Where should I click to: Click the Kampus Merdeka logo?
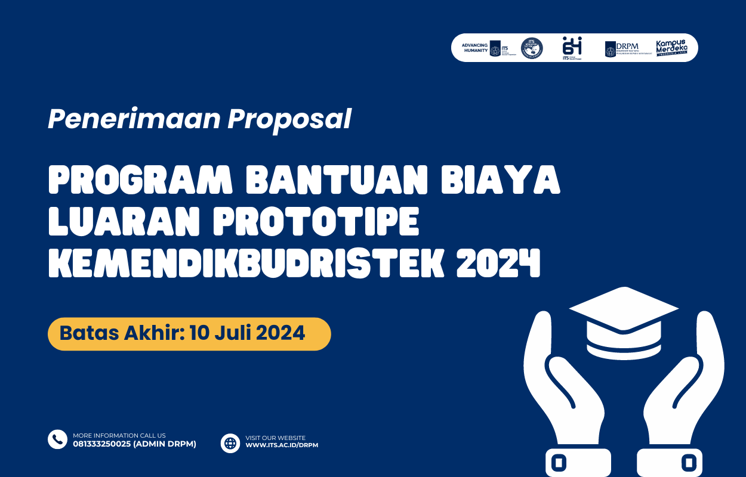coord(671,48)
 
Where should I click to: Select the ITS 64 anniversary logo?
coord(572,48)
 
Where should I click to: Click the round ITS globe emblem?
coord(532,48)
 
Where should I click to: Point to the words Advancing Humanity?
coord(475,48)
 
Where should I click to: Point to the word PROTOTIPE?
coord(316,222)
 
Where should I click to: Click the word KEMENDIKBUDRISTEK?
coord(247,263)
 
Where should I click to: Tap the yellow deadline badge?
coord(189,333)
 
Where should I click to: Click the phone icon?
coord(57,439)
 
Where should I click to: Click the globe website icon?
coord(230,443)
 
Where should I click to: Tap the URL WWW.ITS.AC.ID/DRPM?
coord(282,445)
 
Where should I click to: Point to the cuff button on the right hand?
coord(689,462)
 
